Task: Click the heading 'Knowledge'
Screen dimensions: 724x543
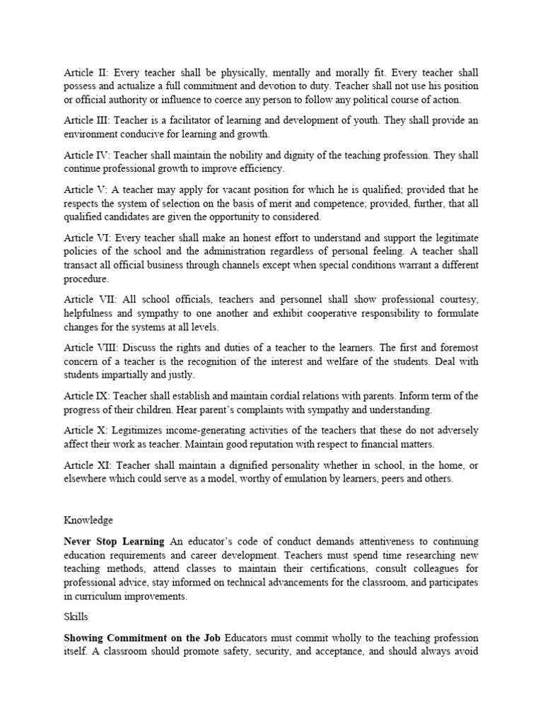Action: [x=88, y=520]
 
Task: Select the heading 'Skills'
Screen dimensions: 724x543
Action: [x=76, y=617]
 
